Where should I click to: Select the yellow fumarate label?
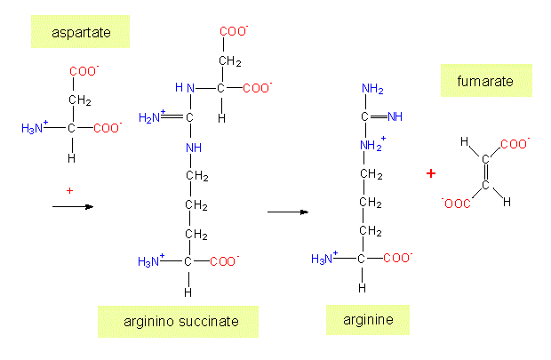[485, 81]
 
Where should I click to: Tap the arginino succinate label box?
[178, 321]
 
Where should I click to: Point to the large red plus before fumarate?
[431, 173]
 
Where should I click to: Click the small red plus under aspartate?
[68, 189]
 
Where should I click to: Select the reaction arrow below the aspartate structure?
[73, 206]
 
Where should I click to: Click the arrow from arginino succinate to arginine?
[287, 212]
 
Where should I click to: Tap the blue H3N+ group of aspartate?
[35, 129]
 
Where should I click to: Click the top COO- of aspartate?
[84, 71]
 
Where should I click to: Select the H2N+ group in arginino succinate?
[152, 116]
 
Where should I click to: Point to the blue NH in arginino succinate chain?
[194, 147]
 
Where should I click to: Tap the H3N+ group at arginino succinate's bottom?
[151, 261]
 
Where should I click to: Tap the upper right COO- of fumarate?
[516, 142]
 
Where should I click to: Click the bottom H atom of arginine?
[362, 287]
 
